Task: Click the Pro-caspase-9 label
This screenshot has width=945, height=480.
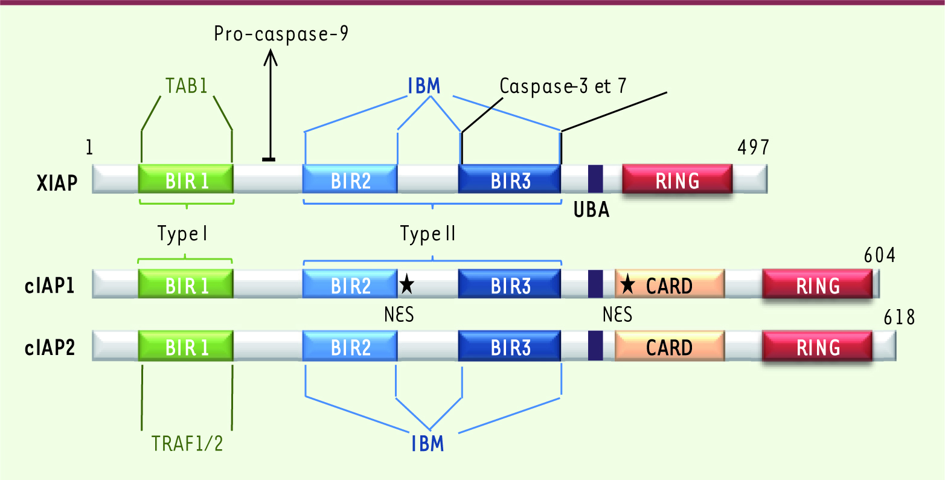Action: click(281, 34)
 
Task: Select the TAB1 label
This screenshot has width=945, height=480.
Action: click(187, 86)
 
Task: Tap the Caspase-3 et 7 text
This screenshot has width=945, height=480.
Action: click(563, 86)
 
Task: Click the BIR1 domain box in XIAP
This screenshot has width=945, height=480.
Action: click(185, 179)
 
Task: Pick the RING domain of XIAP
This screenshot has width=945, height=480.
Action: click(677, 179)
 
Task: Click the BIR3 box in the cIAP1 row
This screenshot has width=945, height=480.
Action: click(510, 284)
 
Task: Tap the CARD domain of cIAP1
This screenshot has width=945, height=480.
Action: click(669, 284)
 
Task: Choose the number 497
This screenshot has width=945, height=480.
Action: click(753, 147)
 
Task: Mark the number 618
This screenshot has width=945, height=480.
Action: click(899, 316)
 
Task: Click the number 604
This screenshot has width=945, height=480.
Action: click(879, 255)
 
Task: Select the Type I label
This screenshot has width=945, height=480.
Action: click(182, 234)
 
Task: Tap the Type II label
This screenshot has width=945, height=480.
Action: click(428, 234)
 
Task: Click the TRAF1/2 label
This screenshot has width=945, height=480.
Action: click(187, 444)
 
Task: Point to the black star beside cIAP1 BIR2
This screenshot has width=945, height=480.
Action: click(407, 282)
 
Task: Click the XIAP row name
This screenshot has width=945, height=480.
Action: click(57, 182)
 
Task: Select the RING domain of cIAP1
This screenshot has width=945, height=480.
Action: click(818, 284)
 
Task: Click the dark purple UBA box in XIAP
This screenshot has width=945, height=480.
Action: click(595, 179)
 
